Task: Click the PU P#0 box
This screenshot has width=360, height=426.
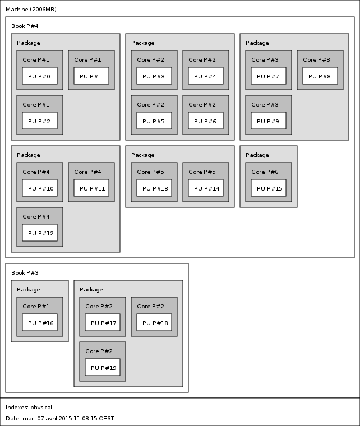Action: tap(40, 76)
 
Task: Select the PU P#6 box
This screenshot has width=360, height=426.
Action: tap(206, 121)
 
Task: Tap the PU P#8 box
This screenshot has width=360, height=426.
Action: tap(320, 76)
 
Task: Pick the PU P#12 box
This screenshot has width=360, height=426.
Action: tap(40, 233)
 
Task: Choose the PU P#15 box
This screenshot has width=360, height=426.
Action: tap(269, 188)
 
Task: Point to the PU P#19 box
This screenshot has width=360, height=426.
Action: tap(103, 367)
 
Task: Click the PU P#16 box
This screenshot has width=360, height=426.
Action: tap(40, 322)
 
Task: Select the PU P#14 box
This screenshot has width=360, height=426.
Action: tap(206, 188)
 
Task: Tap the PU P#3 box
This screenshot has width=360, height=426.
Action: tap(154, 76)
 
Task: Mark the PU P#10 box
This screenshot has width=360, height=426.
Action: tap(40, 188)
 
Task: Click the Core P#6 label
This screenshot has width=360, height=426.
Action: tap(265, 172)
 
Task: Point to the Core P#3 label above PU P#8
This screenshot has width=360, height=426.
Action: tap(316, 59)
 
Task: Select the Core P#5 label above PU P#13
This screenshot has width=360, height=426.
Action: tap(150, 172)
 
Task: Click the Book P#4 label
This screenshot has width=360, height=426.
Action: tap(25, 26)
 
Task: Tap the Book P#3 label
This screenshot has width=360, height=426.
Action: tap(25, 273)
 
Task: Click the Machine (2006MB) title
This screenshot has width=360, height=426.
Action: tap(31, 9)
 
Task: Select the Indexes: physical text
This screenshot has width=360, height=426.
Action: tap(29, 408)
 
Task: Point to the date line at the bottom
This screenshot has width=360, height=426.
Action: tap(60, 418)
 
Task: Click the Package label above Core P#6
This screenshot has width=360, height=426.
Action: tap(257, 155)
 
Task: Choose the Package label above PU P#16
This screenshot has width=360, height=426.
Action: tap(28, 290)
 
